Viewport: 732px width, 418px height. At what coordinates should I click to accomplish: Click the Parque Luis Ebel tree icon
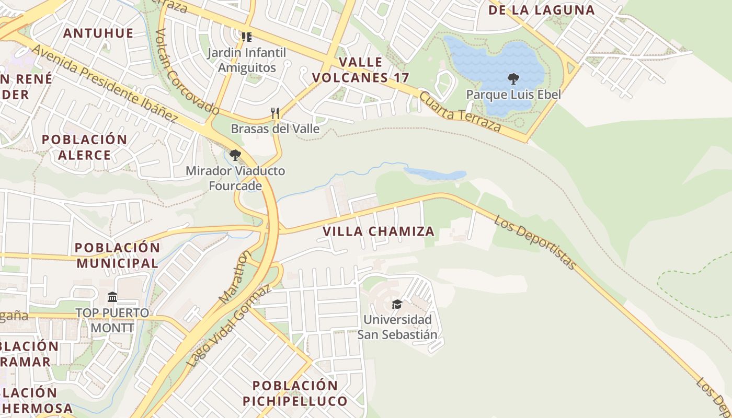point(513,79)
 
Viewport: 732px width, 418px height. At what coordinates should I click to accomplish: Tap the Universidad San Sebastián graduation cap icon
point(397,304)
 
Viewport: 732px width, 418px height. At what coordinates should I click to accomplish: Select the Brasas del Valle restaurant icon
point(275,113)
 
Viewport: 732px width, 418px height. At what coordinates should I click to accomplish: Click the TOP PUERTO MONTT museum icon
point(112,297)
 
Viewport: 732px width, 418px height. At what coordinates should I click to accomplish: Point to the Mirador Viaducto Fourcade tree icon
point(235,155)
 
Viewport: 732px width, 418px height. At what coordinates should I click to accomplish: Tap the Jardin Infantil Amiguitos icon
point(246,37)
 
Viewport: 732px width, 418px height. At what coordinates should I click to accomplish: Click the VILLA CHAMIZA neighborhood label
point(378,231)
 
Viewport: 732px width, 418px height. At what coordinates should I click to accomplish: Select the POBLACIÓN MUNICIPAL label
point(117,255)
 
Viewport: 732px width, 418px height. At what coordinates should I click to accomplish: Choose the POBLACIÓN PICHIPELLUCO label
point(295,393)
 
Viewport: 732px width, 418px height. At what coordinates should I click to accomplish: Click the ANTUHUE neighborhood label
point(98,33)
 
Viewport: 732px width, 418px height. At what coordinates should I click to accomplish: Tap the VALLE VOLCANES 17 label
point(360,70)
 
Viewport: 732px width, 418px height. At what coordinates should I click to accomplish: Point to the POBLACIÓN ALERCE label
point(84,147)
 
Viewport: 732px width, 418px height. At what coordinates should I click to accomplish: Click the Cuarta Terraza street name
point(460,112)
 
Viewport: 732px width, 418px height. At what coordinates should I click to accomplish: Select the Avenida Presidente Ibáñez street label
point(105,84)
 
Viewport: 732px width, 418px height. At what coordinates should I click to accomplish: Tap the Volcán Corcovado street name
point(187,72)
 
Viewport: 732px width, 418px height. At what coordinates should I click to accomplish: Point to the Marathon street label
point(236,277)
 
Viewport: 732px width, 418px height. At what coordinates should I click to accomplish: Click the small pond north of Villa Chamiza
point(434,174)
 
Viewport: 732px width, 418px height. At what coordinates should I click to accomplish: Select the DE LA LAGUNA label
point(541,10)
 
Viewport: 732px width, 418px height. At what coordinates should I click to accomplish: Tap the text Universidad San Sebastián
point(397,327)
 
